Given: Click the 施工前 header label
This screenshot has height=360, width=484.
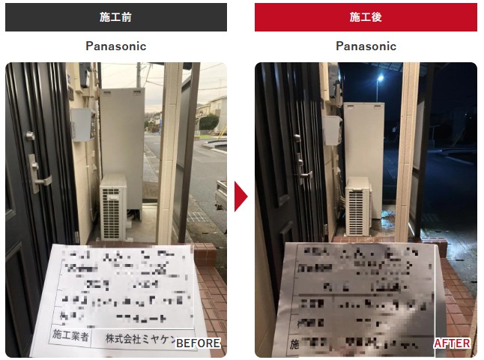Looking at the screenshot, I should [115, 16].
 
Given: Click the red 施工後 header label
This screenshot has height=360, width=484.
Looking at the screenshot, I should [366, 16].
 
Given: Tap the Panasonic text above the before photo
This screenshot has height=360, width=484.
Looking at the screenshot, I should [115, 46].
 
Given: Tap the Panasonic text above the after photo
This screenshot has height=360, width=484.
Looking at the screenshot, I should [366, 46].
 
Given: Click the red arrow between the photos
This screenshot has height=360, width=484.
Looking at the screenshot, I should [241, 196].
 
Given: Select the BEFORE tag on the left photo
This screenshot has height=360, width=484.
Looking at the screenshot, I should [198, 343].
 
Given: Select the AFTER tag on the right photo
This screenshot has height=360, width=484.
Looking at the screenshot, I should [453, 343].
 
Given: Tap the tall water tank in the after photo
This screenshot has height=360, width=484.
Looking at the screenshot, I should [365, 142].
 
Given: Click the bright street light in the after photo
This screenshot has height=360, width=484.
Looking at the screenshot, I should [381, 77].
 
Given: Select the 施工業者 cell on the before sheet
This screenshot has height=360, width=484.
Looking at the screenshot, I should [70, 336].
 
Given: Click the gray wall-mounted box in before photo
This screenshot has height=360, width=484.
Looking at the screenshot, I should [81, 124].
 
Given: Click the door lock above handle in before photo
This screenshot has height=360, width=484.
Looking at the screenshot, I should [30, 136].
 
